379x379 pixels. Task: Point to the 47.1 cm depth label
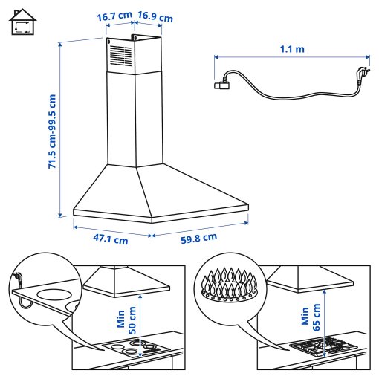click(110, 239)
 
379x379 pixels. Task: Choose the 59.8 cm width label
click(198, 238)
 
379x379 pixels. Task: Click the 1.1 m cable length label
click(293, 50)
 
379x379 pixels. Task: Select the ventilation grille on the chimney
click(120, 54)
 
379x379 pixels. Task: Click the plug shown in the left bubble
click(18, 281)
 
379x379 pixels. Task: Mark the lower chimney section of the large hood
click(135, 119)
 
